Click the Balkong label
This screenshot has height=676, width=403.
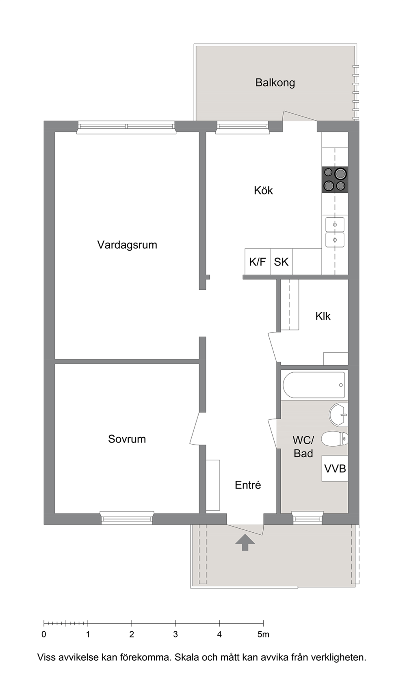[x=275, y=83]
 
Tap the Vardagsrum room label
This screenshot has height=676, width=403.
[x=127, y=245]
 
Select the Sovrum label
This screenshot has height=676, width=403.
[x=127, y=439]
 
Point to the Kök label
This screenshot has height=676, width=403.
[x=263, y=190]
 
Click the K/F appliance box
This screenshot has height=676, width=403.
[x=258, y=261]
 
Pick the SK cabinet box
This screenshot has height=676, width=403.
[x=282, y=261]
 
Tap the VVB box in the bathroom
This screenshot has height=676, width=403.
[x=335, y=469]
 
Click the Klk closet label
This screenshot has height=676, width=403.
[x=323, y=316]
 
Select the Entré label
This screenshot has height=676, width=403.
[x=248, y=485]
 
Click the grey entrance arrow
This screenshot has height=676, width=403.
[x=245, y=542]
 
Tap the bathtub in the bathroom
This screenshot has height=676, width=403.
[x=314, y=385]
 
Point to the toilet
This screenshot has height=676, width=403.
[x=335, y=439]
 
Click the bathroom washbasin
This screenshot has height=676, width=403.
[x=338, y=415]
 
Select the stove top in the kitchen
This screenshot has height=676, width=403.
[x=335, y=179]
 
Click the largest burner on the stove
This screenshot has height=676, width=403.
[x=340, y=173]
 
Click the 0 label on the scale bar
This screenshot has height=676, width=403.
[x=44, y=634]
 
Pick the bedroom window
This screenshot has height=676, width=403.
[x=127, y=518]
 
